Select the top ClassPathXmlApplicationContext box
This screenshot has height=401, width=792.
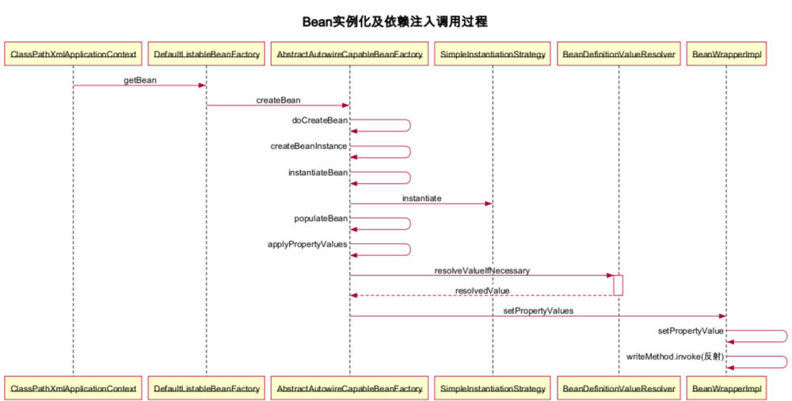pos(73,55)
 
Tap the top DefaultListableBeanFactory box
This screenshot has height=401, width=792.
pos(207,55)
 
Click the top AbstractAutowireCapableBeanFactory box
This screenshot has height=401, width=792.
pos(349,55)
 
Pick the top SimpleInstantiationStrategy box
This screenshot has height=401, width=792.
pos(492,55)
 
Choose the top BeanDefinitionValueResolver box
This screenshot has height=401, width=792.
pos(618,55)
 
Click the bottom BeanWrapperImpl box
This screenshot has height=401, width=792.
pos(726,389)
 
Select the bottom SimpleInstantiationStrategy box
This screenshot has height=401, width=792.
pos(492,389)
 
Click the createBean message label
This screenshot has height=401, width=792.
pos(277,101)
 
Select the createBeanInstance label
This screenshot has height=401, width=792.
pos(308,147)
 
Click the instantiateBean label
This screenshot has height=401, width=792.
pos(317,172)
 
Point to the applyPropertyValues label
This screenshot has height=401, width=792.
pos(307,244)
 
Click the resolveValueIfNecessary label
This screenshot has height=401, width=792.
pos(482,270)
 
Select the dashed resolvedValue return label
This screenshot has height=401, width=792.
pos(482,291)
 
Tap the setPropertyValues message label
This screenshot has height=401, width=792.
pos(538,311)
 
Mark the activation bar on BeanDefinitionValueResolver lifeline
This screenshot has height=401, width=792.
pos(619,285)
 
